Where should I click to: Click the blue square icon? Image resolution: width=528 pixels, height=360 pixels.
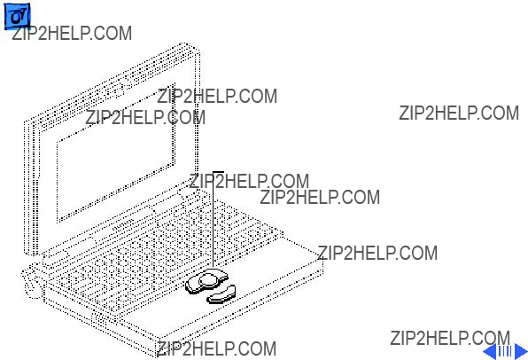click(17, 17)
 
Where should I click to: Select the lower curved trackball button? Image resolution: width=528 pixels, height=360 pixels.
click(221, 293)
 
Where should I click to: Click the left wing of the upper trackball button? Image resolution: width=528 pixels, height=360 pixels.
click(192, 286)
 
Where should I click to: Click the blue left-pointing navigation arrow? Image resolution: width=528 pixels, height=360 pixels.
click(490, 351)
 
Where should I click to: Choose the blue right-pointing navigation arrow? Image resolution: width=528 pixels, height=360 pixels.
click(520, 351)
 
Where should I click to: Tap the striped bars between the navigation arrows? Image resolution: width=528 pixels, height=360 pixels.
click(506, 351)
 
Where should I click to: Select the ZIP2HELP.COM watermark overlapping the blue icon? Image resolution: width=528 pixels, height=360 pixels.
click(72, 34)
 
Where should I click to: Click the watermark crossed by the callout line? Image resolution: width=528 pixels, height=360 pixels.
click(249, 182)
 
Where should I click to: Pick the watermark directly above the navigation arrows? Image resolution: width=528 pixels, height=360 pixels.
click(450, 338)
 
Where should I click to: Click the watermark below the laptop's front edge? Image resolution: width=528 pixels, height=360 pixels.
click(216, 348)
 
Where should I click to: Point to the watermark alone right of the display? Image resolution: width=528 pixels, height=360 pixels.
click(459, 113)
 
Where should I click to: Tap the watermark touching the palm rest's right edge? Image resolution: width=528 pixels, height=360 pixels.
click(377, 253)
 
